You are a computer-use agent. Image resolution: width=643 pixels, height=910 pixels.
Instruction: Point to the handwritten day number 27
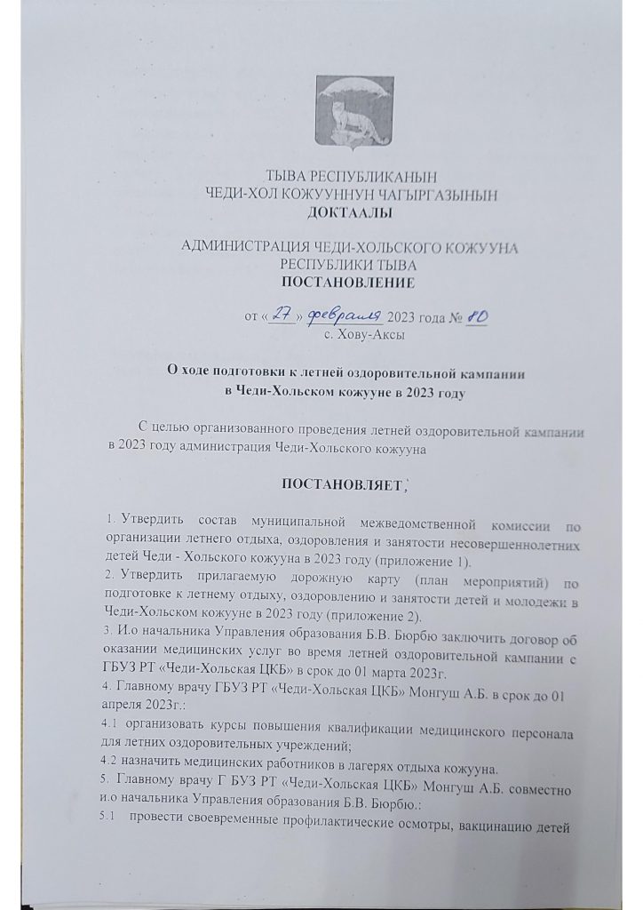click(282, 316)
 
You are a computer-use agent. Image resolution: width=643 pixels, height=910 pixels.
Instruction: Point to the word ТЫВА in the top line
click(291, 176)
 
